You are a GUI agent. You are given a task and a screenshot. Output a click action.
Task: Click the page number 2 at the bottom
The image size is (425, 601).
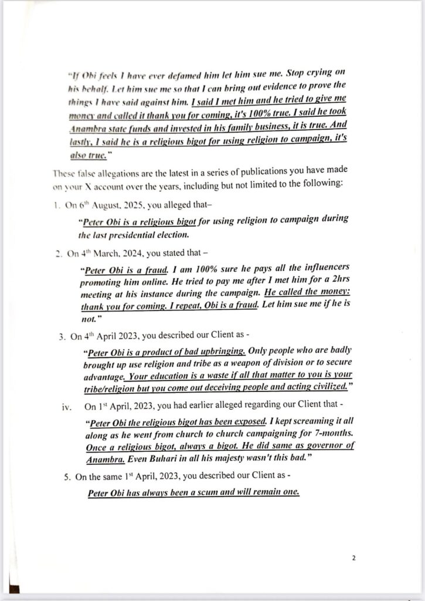353,558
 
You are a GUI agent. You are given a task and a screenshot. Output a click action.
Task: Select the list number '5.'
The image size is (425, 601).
67,478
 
